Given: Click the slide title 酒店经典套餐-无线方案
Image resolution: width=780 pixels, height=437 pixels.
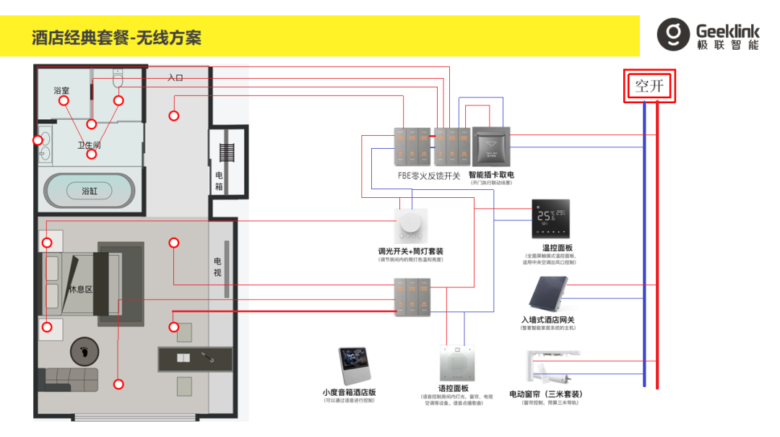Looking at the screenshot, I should click(116, 38).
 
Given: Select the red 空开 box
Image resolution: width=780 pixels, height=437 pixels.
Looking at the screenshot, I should click(650, 87).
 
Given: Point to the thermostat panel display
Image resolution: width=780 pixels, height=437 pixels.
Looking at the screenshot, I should click(550, 218).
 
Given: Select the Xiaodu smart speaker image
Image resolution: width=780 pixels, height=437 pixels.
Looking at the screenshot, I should click(355, 368).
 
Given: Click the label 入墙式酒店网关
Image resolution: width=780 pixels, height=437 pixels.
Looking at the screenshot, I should click(547, 320).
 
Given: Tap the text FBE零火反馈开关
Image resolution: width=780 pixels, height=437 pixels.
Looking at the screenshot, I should click(428, 176).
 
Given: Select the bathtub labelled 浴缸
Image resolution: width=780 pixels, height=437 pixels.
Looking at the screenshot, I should click(90, 191).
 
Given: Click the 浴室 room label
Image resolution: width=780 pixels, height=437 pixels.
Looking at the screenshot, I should click(61, 91).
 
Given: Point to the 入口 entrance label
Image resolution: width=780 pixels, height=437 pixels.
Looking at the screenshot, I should click(175, 77).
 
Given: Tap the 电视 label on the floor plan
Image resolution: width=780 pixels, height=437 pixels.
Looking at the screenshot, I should click(218, 267).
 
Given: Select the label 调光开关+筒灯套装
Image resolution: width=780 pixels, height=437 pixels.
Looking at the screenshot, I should click(411, 251).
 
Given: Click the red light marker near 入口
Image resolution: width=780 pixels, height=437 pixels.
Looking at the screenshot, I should click(173, 116).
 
